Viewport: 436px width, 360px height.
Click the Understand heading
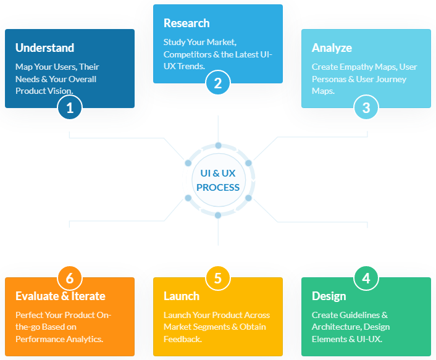(x=44, y=48)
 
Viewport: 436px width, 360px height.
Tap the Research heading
(x=187, y=23)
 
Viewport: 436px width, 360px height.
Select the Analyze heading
(x=332, y=48)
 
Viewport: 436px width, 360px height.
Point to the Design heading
(x=329, y=296)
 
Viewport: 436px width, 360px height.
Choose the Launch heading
(x=182, y=296)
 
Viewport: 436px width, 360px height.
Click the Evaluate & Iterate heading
(x=61, y=296)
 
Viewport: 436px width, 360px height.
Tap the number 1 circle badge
(x=70, y=108)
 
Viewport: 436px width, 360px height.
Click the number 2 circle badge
(x=218, y=83)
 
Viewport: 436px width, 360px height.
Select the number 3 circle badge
(x=366, y=108)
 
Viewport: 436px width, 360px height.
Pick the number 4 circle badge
(x=366, y=278)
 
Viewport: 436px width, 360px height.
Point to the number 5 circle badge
(x=218, y=278)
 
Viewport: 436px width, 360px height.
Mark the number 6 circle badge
(x=70, y=278)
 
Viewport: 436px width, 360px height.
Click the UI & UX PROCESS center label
(x=218, y=180)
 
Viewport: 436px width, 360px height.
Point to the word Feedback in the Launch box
(x=182, y=339)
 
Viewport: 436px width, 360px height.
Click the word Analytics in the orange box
(x=83, y=339)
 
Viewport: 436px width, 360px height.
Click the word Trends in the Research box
(x=191, y=66)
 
